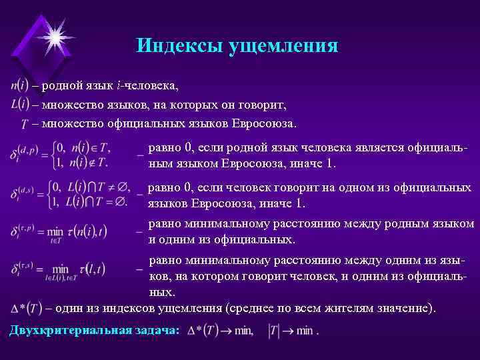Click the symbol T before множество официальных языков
tap(25, 124)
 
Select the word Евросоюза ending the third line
tap(263, 123)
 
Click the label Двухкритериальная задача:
tap(94, 330)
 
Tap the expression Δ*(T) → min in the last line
tap(220, 331)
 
